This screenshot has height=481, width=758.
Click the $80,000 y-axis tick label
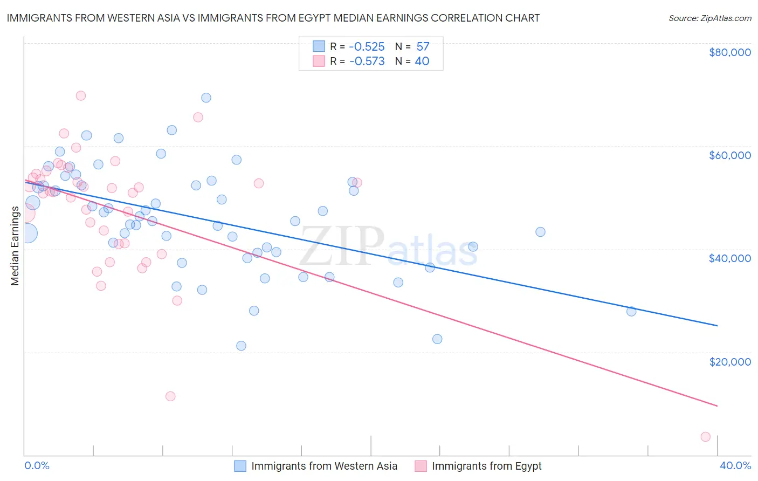coord(729,52)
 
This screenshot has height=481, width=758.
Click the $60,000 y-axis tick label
coord(729,155)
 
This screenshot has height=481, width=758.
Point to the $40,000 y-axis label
coord(729,258)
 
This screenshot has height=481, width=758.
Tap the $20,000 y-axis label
coord(729,361)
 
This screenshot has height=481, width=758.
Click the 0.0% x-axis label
coord(37,465)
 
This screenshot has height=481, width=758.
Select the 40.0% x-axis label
coord(735,465)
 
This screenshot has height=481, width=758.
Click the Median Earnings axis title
coord(15,246)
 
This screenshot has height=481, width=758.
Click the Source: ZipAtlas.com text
coord(709,18)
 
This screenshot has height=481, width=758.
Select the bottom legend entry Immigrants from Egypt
coord(486,466)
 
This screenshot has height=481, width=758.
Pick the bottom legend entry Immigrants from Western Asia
coord(324,466)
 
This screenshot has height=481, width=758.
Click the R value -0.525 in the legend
coord(367,47)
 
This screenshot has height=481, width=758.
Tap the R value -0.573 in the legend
coord(367,61)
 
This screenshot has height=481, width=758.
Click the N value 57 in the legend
coord(423,47)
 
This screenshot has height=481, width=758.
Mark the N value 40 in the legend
coord(422,61)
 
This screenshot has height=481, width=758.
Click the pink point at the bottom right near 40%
coord(705,437)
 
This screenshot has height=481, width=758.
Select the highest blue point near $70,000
coord(206,98)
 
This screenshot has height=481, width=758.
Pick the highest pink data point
coord(81,95)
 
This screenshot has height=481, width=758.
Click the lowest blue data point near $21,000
coord(241,346)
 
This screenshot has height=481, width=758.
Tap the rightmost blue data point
coord(631,311)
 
